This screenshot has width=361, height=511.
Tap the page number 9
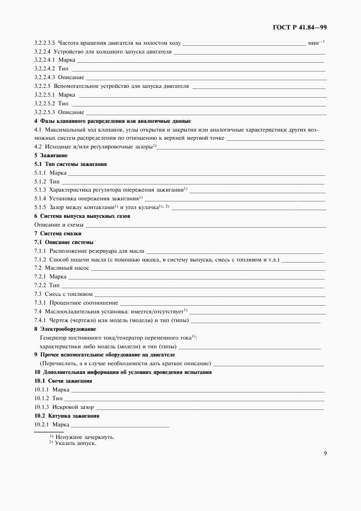click(324, 453)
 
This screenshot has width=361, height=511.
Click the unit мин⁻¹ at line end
click(316, 43)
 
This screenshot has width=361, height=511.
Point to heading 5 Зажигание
click(47, 156)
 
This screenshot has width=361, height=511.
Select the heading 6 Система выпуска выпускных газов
click(82, 216)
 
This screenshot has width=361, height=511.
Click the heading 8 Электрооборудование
click(65, 329)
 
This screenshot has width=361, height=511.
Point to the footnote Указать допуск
click(75, 443)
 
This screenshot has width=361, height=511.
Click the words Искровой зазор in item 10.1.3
click(72, 407)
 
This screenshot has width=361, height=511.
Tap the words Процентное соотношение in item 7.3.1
click(84, 302)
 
